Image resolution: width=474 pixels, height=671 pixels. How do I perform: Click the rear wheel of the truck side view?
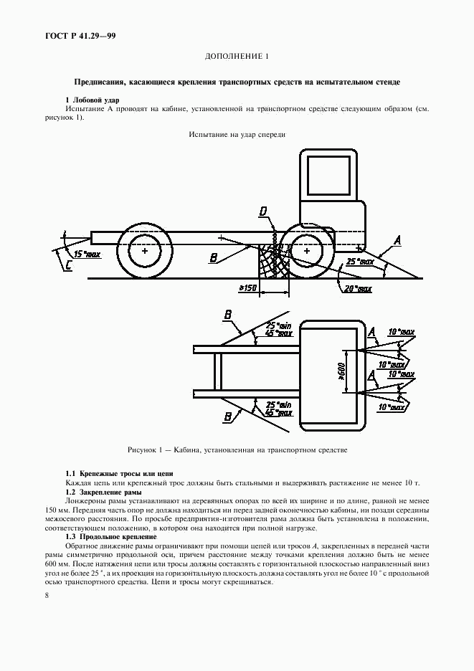145,252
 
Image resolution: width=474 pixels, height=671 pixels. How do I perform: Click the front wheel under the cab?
306,252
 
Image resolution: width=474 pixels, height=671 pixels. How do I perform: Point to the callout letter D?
264,211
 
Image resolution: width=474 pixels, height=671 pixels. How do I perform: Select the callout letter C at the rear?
68,267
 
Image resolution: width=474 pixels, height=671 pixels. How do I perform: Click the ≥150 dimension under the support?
248,287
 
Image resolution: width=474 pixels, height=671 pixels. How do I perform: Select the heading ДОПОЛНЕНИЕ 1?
237,57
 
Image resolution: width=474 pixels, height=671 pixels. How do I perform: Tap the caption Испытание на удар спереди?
237,134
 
